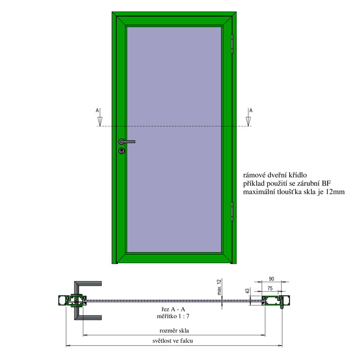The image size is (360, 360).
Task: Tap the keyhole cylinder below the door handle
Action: click(x=121, y=151)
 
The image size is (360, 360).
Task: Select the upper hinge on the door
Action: click(x=232, y=44)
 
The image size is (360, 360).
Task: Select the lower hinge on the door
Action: click(x=232, y=211)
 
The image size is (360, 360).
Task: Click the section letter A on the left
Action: click(x=97, y=110)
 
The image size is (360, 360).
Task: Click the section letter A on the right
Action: click(x=251, y=110)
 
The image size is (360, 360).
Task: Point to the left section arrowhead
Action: click(x=100, y=121)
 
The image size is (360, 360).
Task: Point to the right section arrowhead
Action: click(x=248, y=121)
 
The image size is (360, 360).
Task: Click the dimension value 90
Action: click(x=272, y=279)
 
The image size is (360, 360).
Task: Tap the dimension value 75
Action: click(x=270, y=288)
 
